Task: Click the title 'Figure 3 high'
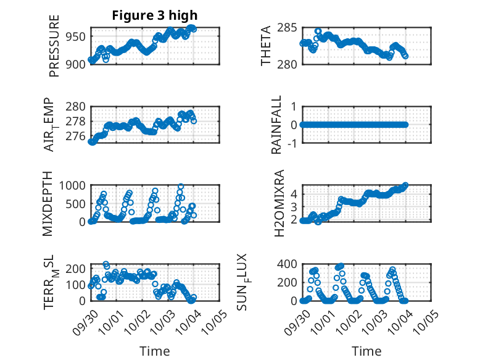point(154,15)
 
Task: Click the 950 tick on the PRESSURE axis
point(77,36)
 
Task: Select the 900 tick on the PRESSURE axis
point(77,64)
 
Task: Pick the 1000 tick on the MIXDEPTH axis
point(74,185)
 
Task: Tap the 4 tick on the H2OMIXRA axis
point(294,193)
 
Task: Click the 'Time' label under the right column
point(366,351)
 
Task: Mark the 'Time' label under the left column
point(154,351)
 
